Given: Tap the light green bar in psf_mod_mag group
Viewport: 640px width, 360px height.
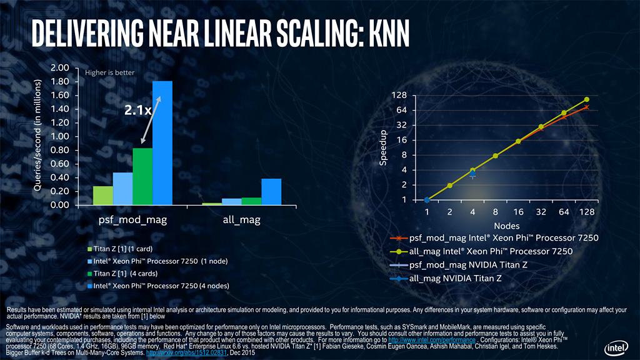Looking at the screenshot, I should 103,195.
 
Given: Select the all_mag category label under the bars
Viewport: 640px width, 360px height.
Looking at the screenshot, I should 241,220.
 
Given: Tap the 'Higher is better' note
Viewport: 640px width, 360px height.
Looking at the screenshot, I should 110,72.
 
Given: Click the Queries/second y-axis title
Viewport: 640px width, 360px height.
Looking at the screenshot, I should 37,136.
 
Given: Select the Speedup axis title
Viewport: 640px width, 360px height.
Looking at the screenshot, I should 384,148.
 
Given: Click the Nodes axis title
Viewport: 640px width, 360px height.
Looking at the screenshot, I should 507,225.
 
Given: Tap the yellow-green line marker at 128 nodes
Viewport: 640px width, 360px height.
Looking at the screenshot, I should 587,99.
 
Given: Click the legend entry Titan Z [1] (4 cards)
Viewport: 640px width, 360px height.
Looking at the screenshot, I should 123,273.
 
